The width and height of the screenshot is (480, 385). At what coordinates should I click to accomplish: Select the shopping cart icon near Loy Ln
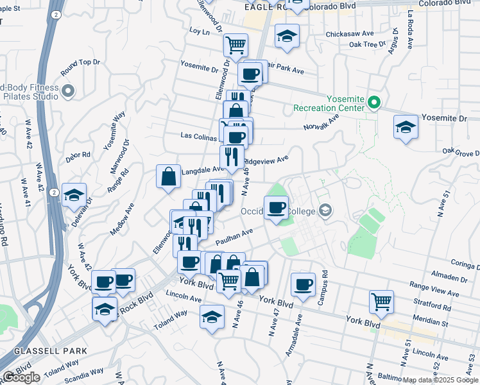click(236, 44)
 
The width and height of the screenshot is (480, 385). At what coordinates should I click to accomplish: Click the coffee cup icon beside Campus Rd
click(303, 283)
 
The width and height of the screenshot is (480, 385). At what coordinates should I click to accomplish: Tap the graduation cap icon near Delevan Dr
click(74, 194)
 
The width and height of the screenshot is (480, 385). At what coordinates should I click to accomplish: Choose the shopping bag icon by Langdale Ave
click(168, 175)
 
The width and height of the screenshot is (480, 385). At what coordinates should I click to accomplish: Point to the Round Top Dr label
click(80, 62)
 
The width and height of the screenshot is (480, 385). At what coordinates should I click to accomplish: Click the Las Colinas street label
click(200, 137)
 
